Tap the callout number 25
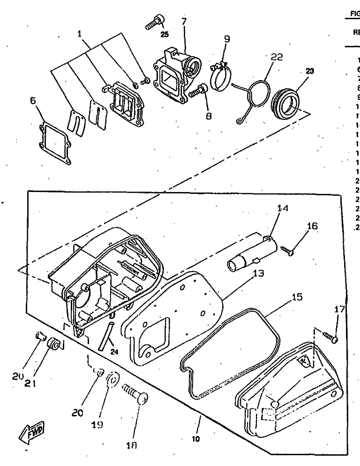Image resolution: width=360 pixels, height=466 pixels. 164,34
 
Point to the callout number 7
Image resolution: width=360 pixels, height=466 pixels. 184,21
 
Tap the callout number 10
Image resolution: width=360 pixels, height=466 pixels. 195,439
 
